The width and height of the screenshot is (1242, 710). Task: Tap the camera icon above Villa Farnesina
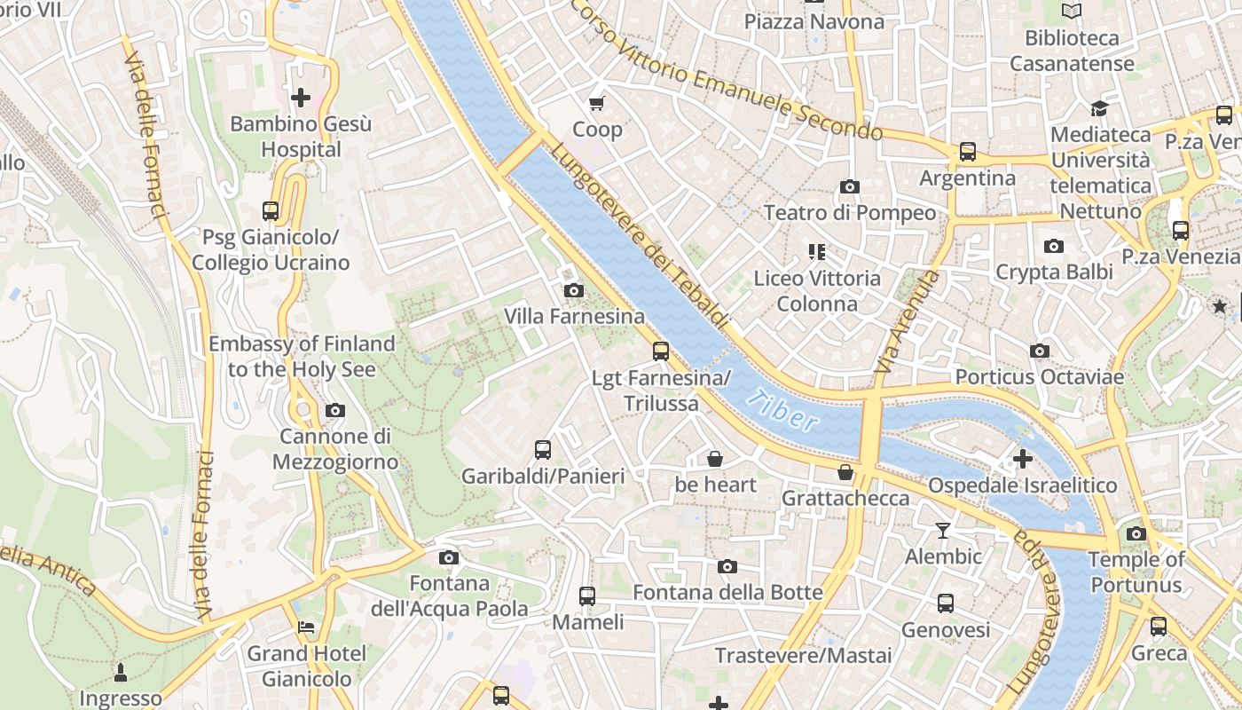pos(574,290)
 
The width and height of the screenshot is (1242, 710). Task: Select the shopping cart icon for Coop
pos(597,103)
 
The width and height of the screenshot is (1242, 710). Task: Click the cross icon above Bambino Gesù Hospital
pos(301,97)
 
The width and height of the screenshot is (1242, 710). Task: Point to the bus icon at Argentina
pos(967,152)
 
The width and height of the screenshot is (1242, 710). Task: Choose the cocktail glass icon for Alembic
pos(942,531)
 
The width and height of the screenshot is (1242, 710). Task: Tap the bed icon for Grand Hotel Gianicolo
pos(306,627)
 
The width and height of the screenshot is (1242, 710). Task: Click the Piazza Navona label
pos(814,22)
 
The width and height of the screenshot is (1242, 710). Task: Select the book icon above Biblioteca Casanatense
pos(1072,12)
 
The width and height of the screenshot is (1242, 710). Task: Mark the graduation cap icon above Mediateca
pos(1099,108)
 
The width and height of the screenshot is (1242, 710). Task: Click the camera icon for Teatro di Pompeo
pos(849,186)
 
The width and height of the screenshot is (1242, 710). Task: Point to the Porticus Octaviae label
pos(1039,377)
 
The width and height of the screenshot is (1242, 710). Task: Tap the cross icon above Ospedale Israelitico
pos(1022,460)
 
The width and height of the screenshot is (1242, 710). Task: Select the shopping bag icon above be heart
pos(715,459)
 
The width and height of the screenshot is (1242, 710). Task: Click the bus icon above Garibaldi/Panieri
pos(543,450)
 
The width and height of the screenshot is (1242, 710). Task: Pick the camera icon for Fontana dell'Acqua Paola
pos(449,557)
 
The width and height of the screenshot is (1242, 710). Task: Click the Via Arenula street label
pos(906,321)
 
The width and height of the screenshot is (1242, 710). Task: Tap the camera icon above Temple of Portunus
pos(1136,533)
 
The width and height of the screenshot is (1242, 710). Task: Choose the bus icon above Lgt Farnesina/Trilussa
pos(661,351)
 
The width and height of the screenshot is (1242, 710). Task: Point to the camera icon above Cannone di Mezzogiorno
pos(334,410)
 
